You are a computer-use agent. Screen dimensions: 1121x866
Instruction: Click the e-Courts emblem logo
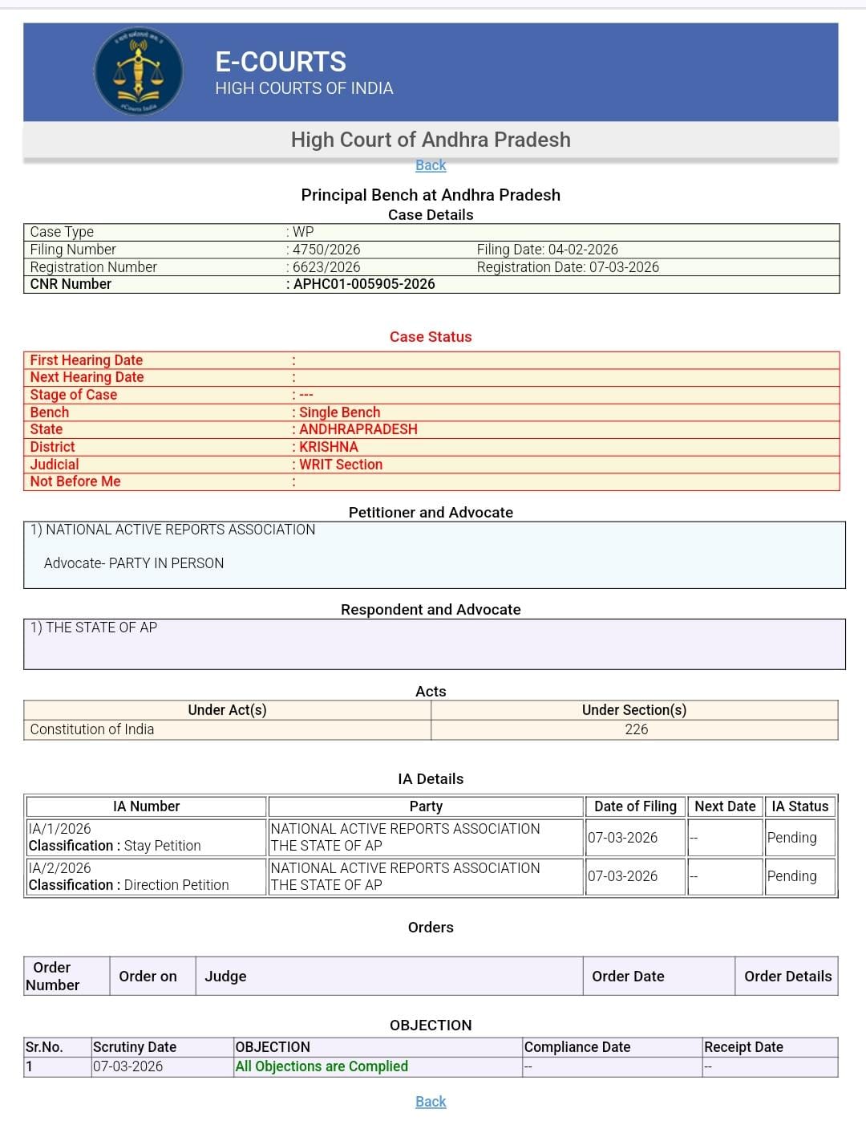[x=138, y=72]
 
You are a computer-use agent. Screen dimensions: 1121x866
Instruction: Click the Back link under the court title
[x=431, y=165]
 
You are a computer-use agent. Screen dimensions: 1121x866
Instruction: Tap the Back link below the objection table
[x=431, y=1102]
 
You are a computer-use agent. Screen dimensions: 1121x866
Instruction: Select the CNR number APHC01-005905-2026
[x=364, y=284]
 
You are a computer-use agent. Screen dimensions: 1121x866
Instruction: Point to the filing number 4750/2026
[x=326, y=250]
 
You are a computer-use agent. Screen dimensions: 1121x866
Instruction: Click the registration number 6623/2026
[x=326, y=267]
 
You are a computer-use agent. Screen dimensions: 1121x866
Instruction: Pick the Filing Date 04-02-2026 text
[x=548, y=250]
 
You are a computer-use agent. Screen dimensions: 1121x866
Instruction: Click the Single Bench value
[x=340, y=412]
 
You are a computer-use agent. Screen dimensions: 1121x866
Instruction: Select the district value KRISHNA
[x=329, y=447]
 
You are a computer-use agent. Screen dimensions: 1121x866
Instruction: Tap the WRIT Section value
[x=341, y=465]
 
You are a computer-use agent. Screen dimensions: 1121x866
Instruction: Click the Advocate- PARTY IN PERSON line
[x=134, y=563]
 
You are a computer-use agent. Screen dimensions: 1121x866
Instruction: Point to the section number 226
[x=636, y=729]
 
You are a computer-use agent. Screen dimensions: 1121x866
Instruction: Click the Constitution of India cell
[x=92, y=729]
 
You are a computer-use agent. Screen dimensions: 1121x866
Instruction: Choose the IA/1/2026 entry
[x=60, y=829]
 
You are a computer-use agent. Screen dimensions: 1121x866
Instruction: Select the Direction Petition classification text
[x=176, y=885]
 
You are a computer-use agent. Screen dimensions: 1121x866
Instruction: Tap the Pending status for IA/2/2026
[x=791, y=876]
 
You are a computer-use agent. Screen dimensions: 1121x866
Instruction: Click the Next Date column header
[x=725, y=806]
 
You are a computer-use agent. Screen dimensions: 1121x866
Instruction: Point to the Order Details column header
[x=787, y=977]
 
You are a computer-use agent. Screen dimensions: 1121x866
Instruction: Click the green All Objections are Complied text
[x=322, y=1066]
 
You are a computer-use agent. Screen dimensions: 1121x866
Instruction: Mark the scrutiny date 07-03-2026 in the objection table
[x=127, y=1066]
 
